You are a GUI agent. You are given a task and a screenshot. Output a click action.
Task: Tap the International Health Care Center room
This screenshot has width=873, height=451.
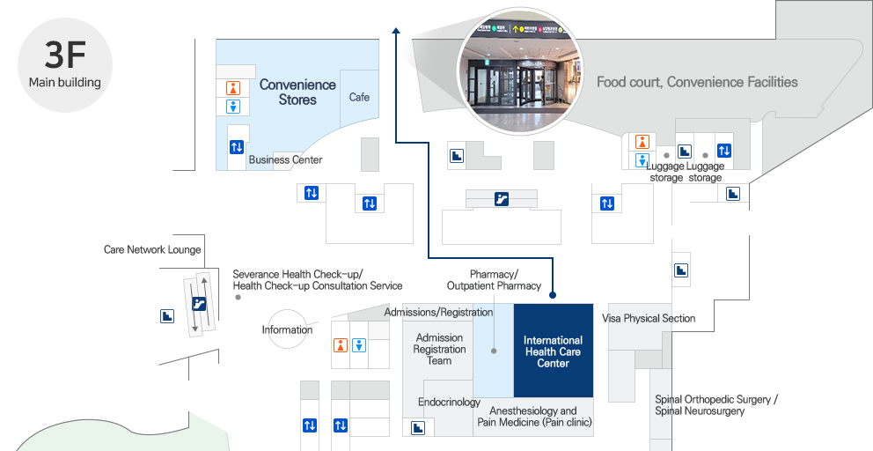click(553, 351)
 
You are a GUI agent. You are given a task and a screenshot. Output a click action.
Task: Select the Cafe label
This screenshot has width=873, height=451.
click(359, 97)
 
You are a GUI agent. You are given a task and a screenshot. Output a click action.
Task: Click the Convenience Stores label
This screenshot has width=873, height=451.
click(297, 92)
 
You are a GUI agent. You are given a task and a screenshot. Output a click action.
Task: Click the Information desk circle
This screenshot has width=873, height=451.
click(287, 329)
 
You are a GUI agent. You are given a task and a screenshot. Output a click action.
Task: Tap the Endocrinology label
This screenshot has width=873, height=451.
click(449, 403)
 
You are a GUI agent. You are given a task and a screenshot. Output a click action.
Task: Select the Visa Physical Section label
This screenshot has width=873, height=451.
click(649, 318)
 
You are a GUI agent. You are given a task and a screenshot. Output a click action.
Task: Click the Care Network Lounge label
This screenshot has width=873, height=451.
click(152, 250)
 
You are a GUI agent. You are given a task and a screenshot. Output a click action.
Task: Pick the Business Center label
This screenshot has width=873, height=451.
click(285, 160)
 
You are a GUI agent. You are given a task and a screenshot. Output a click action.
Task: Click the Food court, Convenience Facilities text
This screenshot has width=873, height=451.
click(697, 82)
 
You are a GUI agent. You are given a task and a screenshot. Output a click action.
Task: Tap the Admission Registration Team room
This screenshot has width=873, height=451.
click(439, 349)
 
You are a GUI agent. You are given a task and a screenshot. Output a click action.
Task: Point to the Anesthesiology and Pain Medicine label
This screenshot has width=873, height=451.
click(534, 417)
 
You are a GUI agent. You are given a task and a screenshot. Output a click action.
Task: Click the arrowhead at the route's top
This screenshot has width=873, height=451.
click(397, 32)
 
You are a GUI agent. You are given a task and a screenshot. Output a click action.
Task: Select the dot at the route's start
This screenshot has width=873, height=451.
click(553, 295)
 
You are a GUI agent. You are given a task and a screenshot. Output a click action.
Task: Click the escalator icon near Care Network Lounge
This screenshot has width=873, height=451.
click(199, 304)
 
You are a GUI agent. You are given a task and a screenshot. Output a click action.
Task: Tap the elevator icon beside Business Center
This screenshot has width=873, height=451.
click(236, 147)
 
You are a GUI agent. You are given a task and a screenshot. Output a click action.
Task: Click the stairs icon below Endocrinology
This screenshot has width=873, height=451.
click(419, 428)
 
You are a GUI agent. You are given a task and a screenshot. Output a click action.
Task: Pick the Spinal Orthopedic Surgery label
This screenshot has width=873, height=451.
click(715, 405)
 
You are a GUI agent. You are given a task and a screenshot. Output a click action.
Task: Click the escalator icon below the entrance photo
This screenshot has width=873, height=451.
click(501, 199)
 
